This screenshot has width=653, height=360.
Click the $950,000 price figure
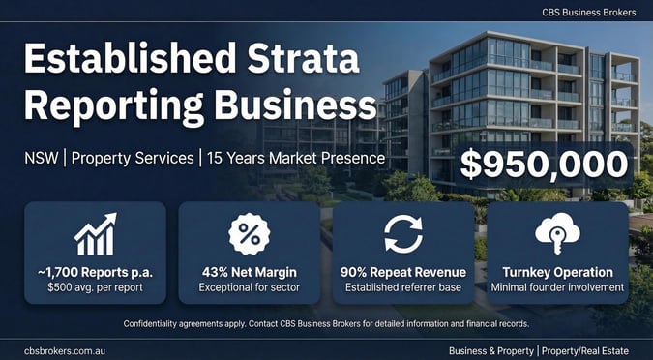coord(545,164)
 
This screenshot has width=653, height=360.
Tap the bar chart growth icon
coord(95,235)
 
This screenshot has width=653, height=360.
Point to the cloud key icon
coord(557,234)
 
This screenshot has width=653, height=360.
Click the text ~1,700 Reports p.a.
coord(95,272)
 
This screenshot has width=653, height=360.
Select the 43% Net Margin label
coord(249,272)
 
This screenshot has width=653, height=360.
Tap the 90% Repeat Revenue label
coord(403,272)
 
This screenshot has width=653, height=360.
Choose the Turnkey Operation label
coord(557,272)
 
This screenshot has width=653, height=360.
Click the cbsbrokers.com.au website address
coord(66,348)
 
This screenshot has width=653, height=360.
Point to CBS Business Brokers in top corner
coord(590,12)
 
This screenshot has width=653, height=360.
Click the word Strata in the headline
coord(308,60)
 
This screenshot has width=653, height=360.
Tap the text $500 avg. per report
coord(95,287)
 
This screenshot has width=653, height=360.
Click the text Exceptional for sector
coord(249,287)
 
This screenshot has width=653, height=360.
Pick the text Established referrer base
coord(403,287)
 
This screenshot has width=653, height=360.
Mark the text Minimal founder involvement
coord(557,287)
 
